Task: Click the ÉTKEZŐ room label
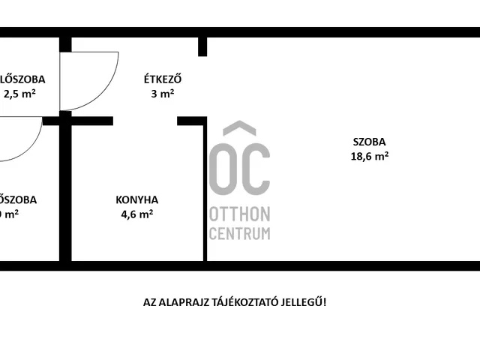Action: point(163,79)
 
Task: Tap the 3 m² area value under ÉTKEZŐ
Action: point(163,94)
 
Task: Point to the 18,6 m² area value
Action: point(370,156)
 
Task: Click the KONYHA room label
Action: point(136,199)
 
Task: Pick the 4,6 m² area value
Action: point(136,214)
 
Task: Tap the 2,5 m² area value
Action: point(19,94)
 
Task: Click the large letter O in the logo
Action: point(222,168)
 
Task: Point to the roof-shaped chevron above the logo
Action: point(239,129)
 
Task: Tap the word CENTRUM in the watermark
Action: point(239,233)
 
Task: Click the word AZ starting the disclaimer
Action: point(150,302)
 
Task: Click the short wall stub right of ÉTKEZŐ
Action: point(202,46)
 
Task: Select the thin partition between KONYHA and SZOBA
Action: point(205,191)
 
